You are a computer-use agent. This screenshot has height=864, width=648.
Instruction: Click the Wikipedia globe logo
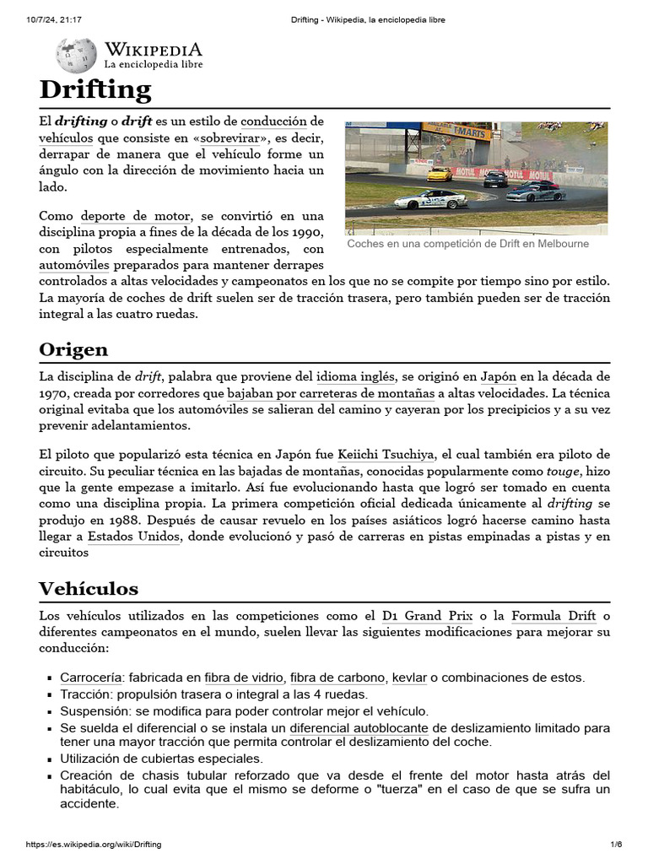tap(76, 56)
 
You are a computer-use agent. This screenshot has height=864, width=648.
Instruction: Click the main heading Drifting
tap(95, 89)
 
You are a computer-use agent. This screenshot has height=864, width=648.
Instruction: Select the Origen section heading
tap(73, 348)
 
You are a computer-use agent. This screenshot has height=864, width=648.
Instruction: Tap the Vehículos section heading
tap(89, 588)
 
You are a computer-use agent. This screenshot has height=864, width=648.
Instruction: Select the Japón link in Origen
tap(500, 376)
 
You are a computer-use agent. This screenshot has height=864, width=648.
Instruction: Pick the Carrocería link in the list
tap(91, 678)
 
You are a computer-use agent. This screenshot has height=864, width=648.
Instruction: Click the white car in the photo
tap(430, 199)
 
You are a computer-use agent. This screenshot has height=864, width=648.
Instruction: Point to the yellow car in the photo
tap(439, 174)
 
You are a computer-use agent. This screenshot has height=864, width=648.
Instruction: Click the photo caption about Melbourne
tap(467, 244)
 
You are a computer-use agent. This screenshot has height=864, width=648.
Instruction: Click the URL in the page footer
tap(94, 845)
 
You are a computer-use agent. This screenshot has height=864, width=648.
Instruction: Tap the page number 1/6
tap(616, 845)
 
